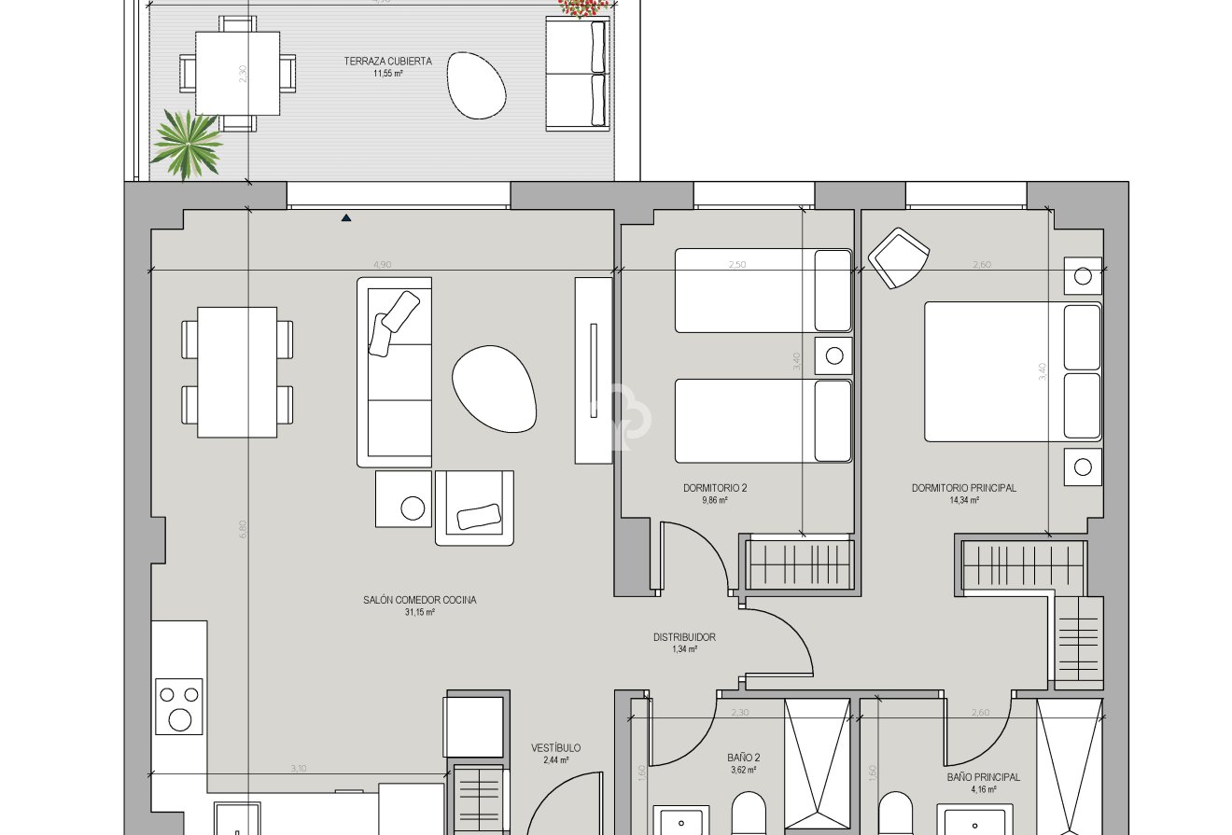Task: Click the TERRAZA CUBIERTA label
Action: (x=387, y=62)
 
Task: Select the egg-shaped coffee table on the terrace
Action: (x=476, y=85)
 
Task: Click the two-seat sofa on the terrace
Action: (x=576, y=73)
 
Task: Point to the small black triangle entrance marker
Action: (x=346, y=218)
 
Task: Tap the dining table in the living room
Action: (x=237, y=371)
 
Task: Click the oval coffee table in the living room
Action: (x=495, y=388)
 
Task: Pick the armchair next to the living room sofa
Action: (x=474, y=508)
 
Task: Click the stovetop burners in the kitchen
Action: (x=179, y=707)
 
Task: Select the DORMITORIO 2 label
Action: (x=715, y=488)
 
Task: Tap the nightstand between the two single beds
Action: (x=833, y=355)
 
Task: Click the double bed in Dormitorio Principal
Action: (x=1013, y=370)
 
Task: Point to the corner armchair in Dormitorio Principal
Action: (x=898, y=257)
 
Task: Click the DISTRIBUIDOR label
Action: (x=684, y=637)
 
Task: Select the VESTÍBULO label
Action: (x=555, y=748)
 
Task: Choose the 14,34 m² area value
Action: (x=963, y=500)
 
